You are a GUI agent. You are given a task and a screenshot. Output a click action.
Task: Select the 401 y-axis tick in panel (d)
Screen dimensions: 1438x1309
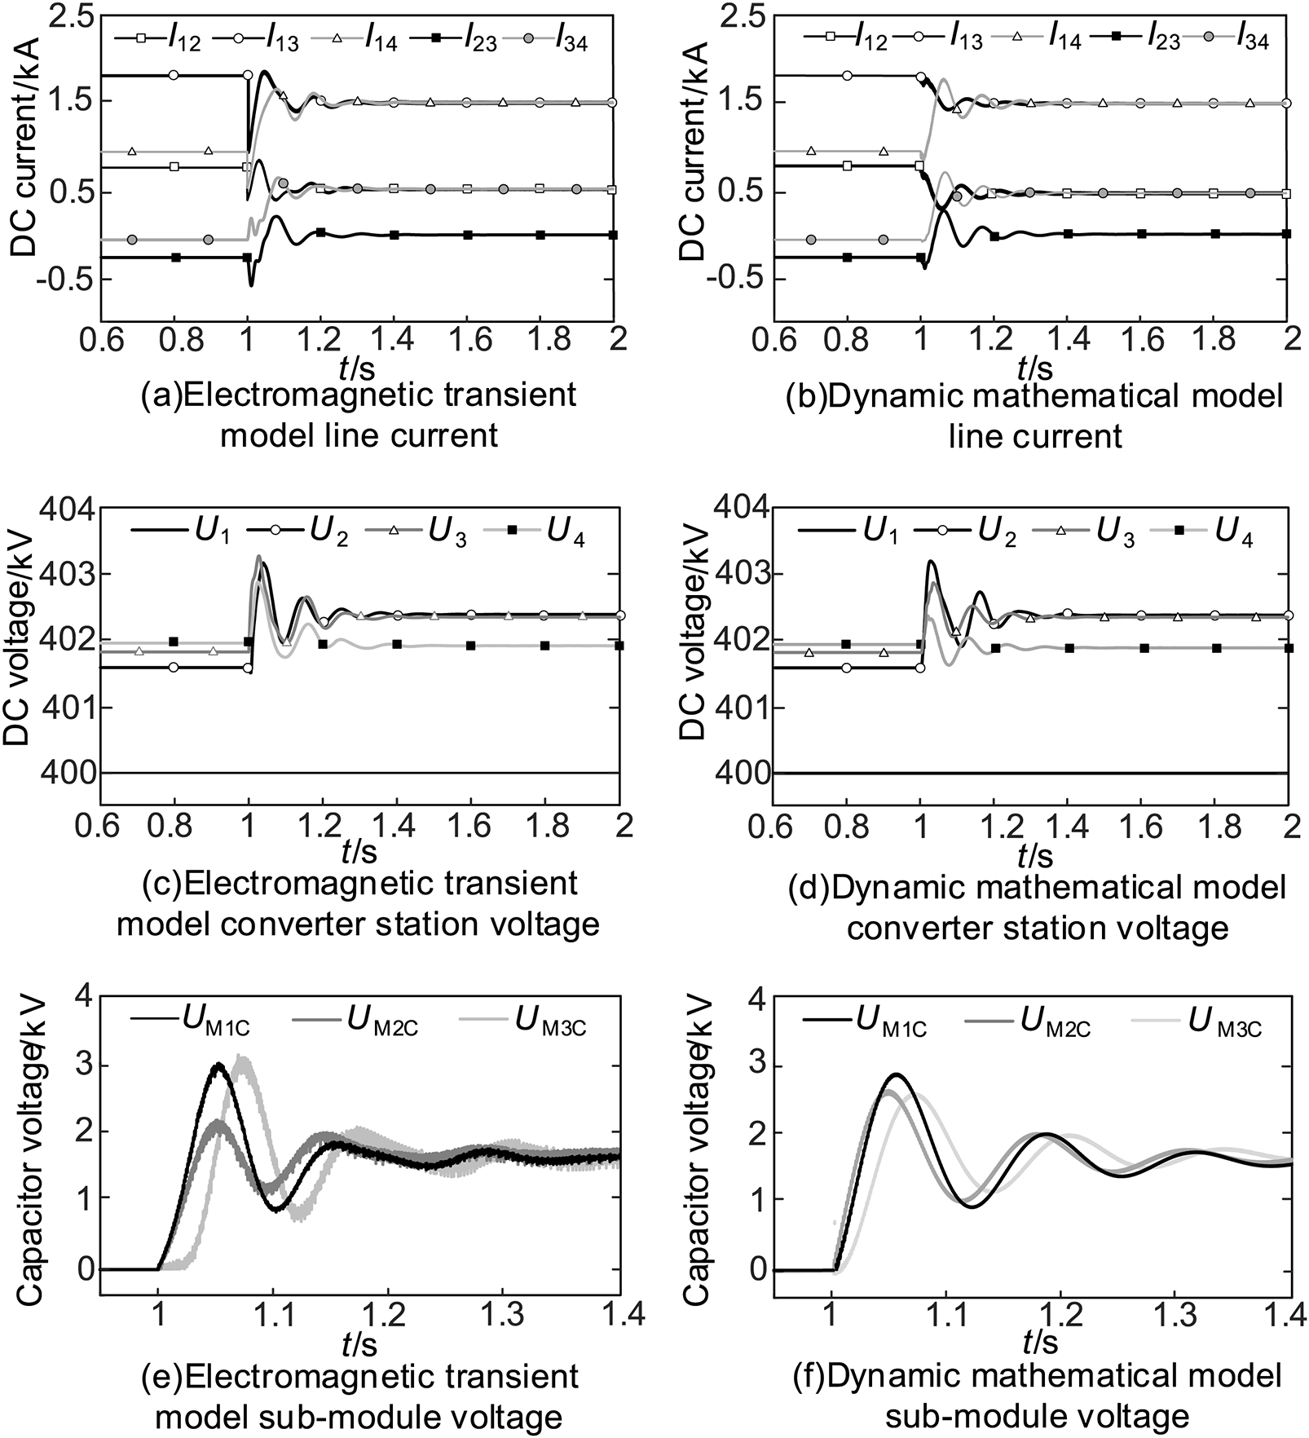(741, 706)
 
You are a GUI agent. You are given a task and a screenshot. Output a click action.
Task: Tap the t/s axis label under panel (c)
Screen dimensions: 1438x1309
(359, 852)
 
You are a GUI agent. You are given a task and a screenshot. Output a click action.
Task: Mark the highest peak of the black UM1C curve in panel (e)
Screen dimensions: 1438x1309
(217, 1065)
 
